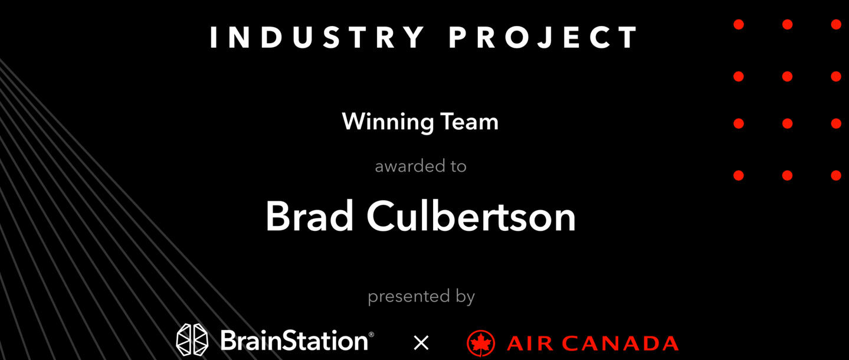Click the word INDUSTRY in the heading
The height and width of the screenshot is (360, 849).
[317, 37]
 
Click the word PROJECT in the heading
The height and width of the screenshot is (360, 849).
[543, 37]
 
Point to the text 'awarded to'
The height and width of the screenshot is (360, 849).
[421, 166]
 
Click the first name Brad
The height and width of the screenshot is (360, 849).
[309, 217]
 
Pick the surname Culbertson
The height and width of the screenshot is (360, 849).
[471, 217]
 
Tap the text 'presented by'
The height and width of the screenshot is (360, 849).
[421, 296]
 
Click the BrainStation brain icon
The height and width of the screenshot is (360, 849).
[192, 341]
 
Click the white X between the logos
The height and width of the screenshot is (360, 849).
[421, 342]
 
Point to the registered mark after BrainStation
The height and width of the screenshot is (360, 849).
[371, 335]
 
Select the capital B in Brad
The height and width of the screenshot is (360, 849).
[278, 217]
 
